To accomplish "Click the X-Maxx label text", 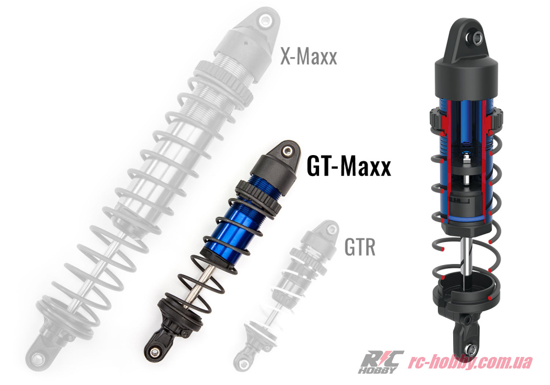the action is coord(309,56).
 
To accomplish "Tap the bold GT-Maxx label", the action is coord(349,166).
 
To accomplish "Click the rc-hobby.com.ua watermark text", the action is coord(470,361).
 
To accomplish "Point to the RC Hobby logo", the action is coord(381,362).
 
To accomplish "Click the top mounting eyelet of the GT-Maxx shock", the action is coord(288,150).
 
